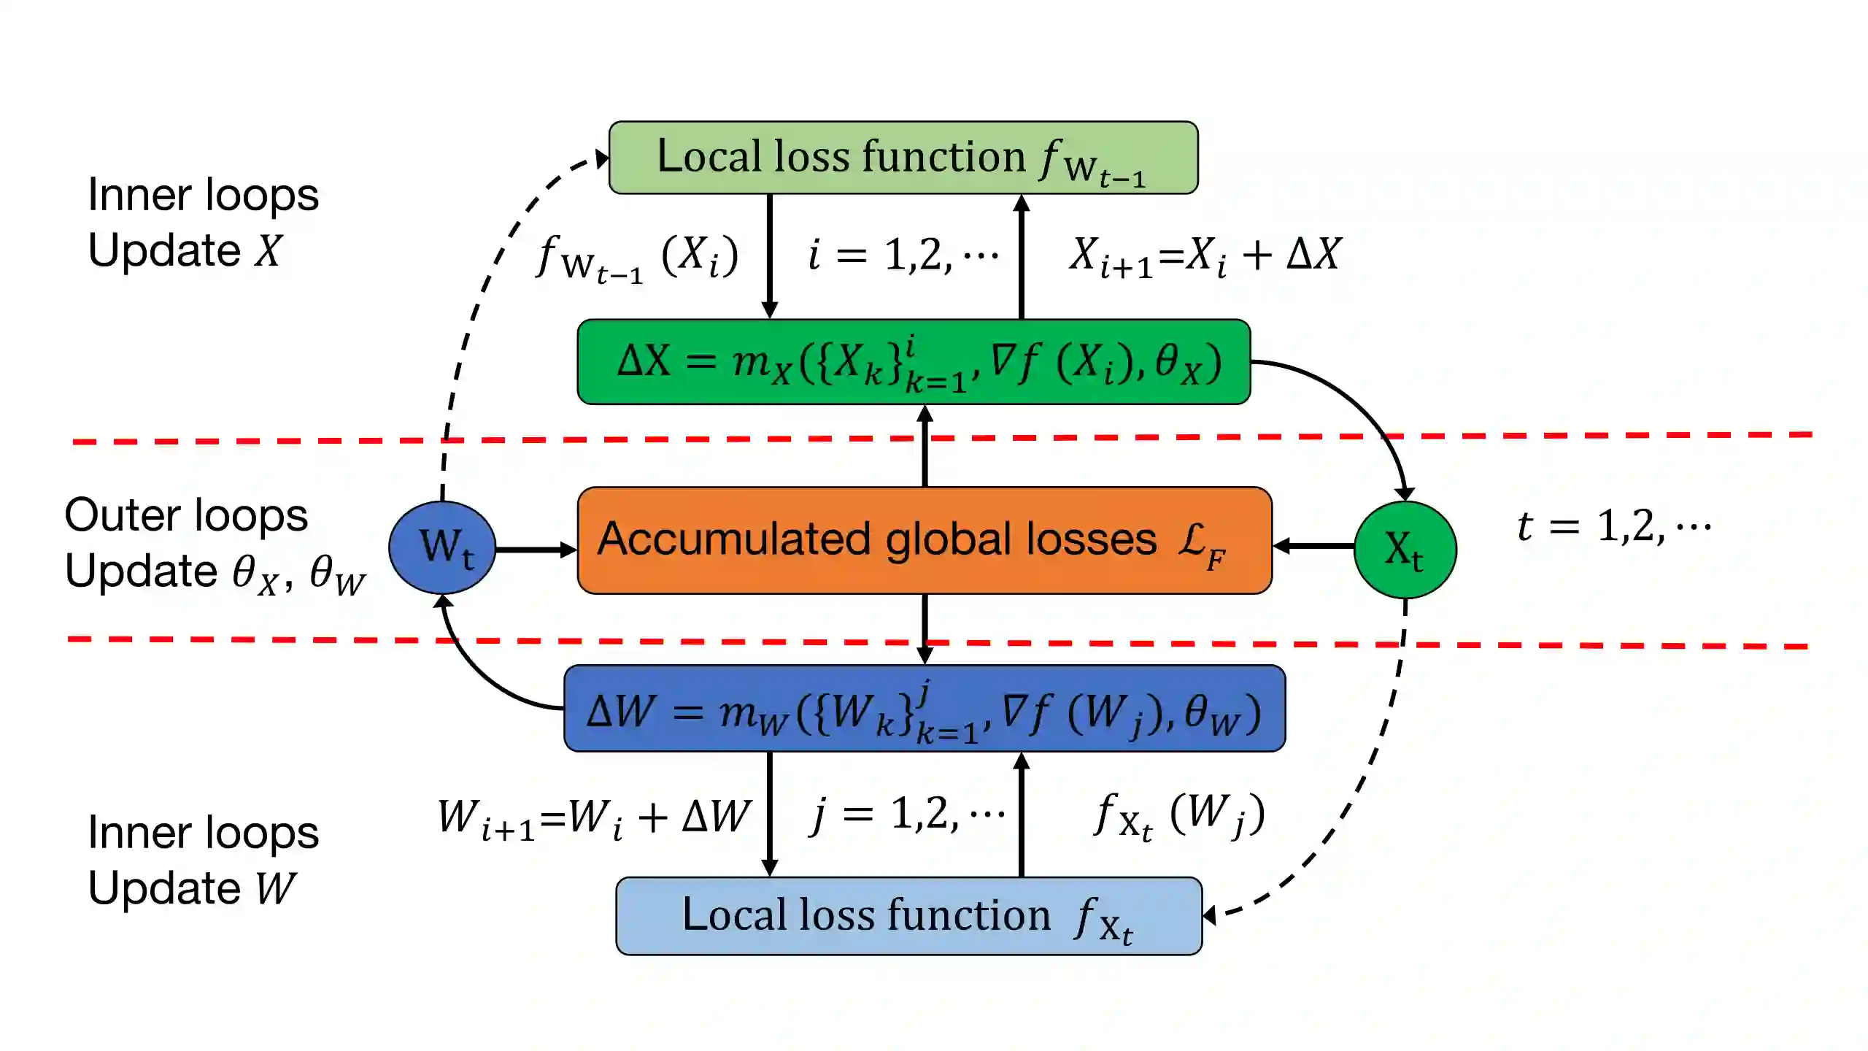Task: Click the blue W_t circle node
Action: pyautogui.click(x=442, y=547)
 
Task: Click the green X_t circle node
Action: pyautogui.click(x=1405, y=549)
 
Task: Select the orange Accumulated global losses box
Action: pyautogui.click(x=924, y=540)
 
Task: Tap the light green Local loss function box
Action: pyautogui.click(x=903, y=158)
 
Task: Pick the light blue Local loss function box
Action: pyautogui.click(x=908, y=916)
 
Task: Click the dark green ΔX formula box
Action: pyautogui.click(x=914, y=362)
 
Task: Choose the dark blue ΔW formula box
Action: pyautogui.click(x=924, y=709)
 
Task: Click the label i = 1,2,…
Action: pyautogui.click(x=902, y=255)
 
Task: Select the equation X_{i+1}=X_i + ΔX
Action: pyautogui.click(x=1204, y=255)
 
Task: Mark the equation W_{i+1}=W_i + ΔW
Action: pyautogui.click(x=593, y=817)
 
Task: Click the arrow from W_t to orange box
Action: pyautogui.click(x=536, y=549)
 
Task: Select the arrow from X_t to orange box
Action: pyautogui.click(x=1313, y=545)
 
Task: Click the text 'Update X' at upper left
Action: pyautogui.click(x=184, y=250)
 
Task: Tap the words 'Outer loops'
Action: pyautogui.click(x=186, y=515)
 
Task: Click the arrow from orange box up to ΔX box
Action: pyautogui.click(x=925, y=445)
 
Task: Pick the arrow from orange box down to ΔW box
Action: pyautogui.click(x=925, y=628)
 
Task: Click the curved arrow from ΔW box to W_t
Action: pyautogui.click(x=474, y=668)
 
